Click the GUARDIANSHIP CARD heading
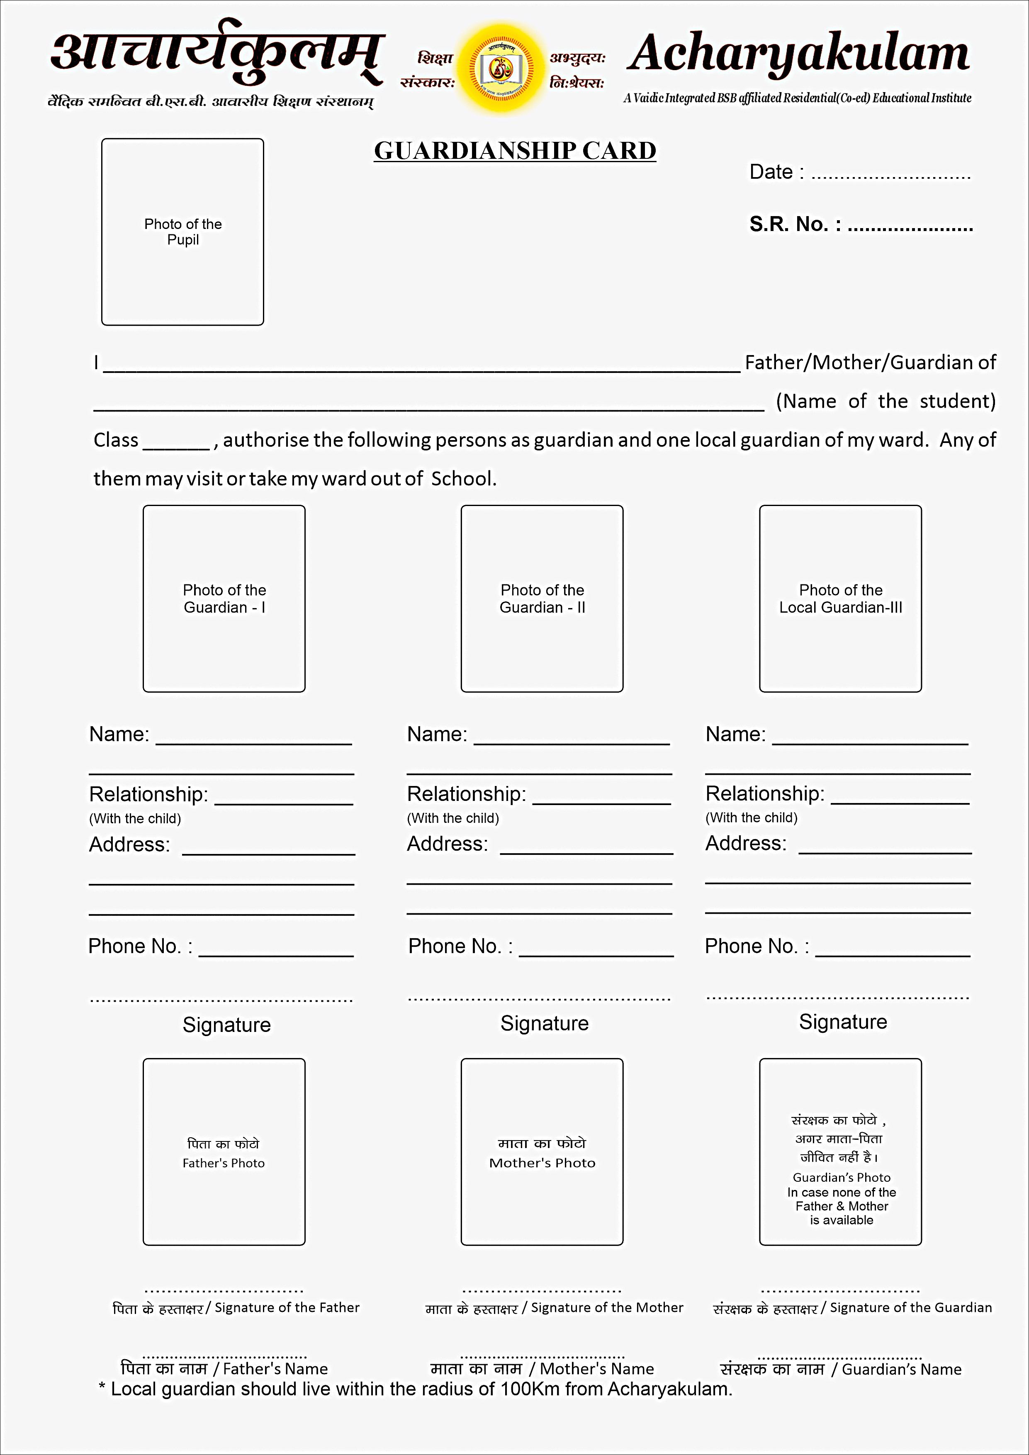[x=514, y=151]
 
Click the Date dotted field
[x=890, y=174]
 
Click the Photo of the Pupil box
[x=182, y=232]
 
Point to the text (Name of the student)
[x=885, y=401]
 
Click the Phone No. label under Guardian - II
[x=460, y=946]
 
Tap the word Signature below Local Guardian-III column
[x=843, y=1022]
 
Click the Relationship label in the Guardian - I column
[x=148, y=794]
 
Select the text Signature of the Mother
[x=606, y=1307]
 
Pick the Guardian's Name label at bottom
[x=901, y=1370]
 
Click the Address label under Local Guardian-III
[x=746, y=844]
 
